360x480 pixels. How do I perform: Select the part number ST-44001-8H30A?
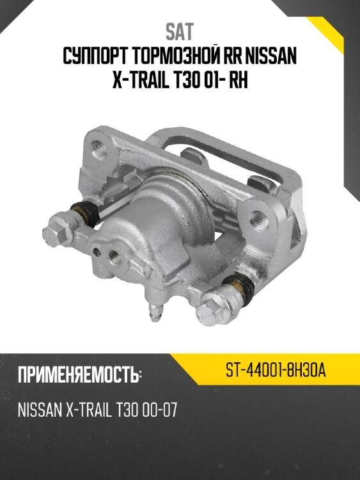tap(276, 371)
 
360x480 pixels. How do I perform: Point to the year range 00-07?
tap(156, 410)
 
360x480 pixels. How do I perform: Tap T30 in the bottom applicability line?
tap(122, 410)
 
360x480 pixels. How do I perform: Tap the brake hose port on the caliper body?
tap(115, 257)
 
